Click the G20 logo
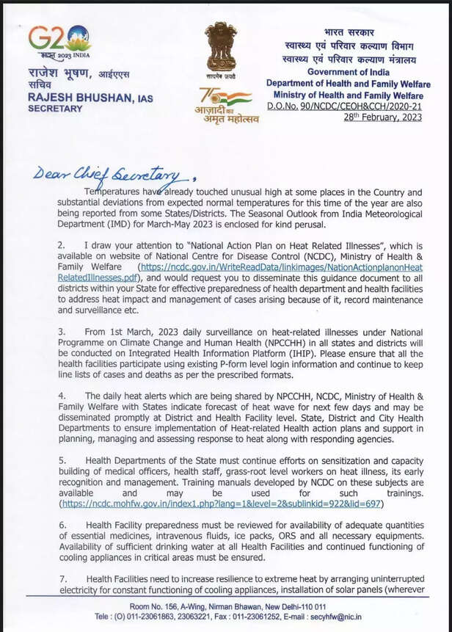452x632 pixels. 59,40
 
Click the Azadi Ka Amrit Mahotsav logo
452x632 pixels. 228,106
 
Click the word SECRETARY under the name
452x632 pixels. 55,108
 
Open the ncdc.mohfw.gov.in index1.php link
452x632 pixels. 220,505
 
